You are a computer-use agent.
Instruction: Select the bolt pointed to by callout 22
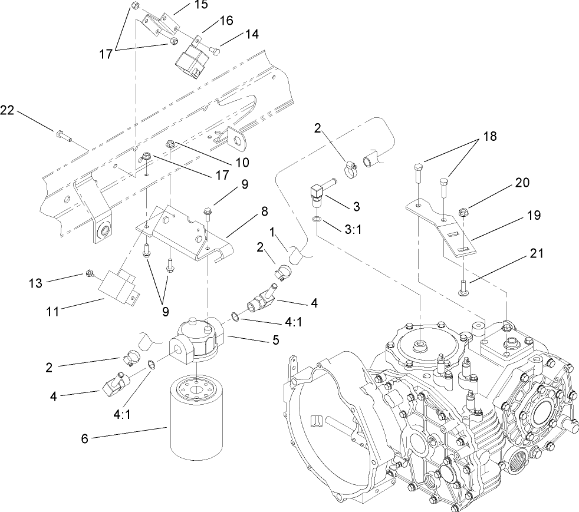[63, 137]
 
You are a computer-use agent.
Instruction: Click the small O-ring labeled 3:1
[318, 220]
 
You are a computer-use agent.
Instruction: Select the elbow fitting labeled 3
[318, 192]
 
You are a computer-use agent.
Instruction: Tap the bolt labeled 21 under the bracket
[463, 289]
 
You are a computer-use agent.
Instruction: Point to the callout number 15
[185, 5]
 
